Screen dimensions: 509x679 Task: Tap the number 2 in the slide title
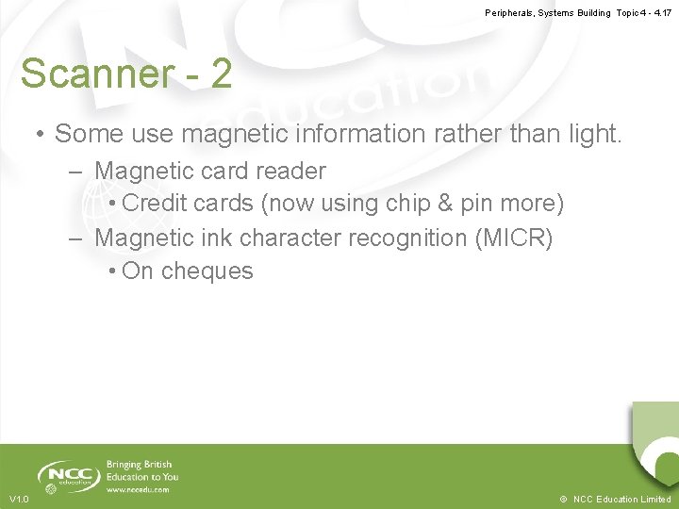(x=221, y=74)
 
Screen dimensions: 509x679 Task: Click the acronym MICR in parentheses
(x=517, y=238)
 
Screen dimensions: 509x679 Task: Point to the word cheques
(x=207, y=271)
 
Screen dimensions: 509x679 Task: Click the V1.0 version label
(x=19, y=499)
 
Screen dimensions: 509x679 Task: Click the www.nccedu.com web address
(x=138, y=490)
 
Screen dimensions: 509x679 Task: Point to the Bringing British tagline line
(x=139, y=465)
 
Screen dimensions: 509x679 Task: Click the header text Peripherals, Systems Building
(x=548, y=13)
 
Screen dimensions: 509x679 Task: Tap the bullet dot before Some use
(x=41, y=135)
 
